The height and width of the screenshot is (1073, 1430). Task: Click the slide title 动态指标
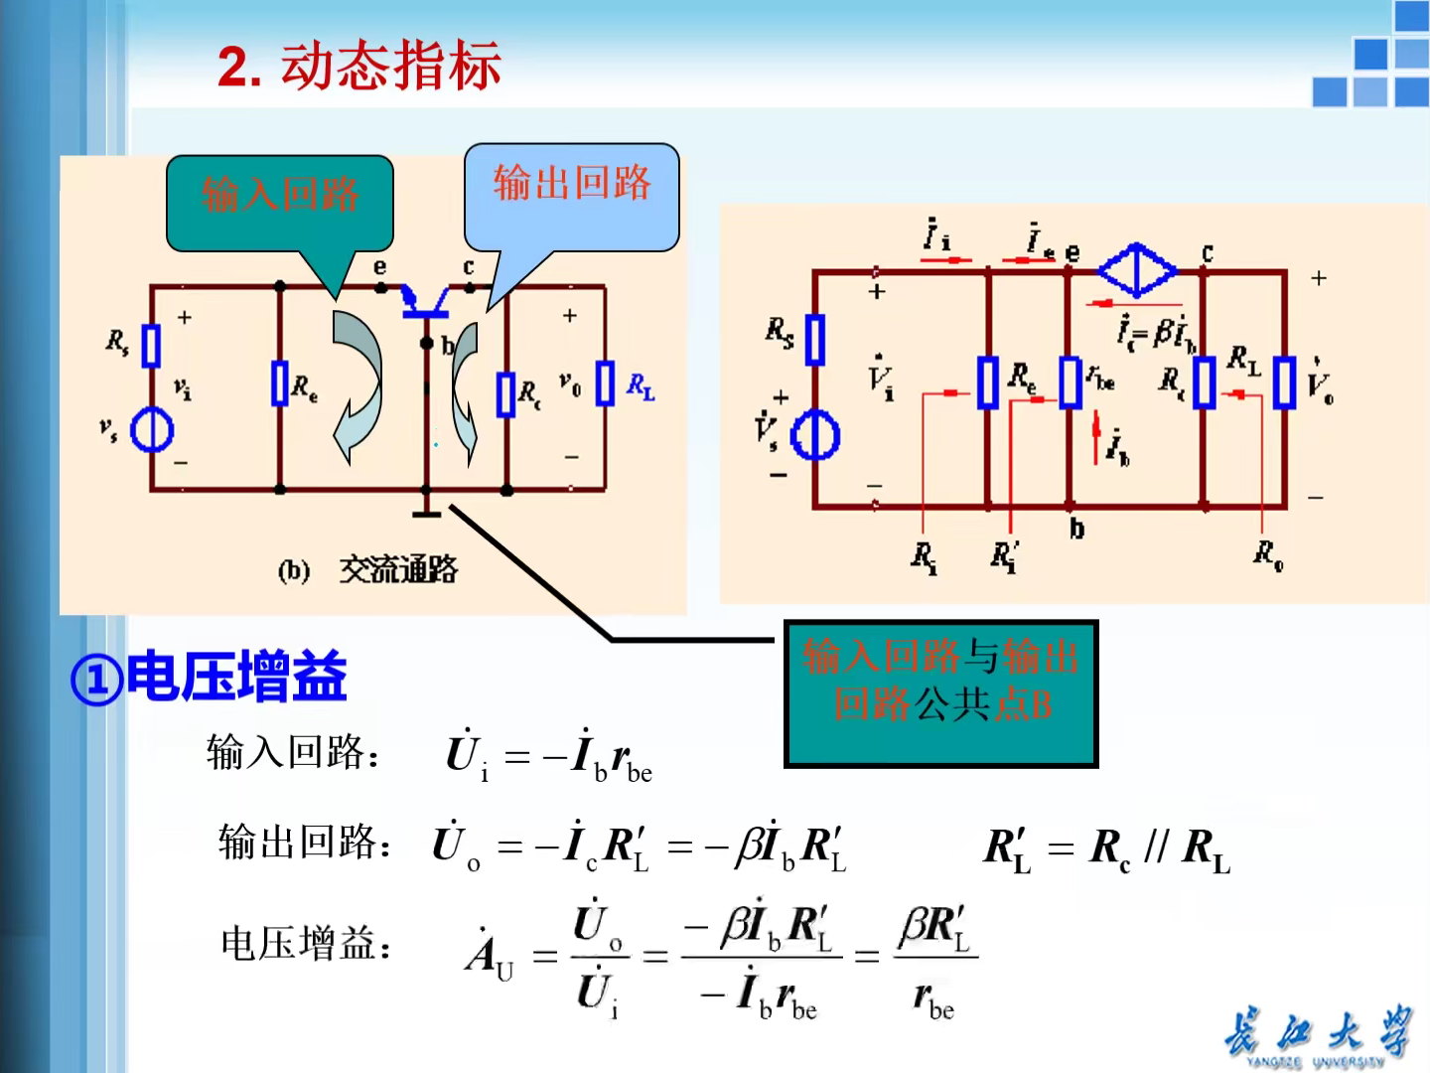click(x=390, y=67)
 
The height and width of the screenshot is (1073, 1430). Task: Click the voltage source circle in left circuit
click(x=152, y=431)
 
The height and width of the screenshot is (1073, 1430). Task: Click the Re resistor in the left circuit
click(x=280, y=384)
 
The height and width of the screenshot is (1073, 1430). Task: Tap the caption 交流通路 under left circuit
click(x=397, y=570)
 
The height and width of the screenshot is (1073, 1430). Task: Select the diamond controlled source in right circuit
click(x=1137, y=269)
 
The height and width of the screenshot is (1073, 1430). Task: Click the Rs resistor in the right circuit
click(x=815, y=340)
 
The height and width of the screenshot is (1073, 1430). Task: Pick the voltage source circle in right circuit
click(x=815, y=435)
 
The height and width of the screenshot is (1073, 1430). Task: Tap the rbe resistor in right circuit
click(x=1070, y=383)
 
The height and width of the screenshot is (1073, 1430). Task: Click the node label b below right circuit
click(x=1076, y=529)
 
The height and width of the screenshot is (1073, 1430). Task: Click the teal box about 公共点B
click(x=940, y=693)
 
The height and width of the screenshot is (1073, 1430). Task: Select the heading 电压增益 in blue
click(x=237, y=677)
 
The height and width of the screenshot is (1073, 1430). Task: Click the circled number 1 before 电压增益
click(x=96, y=681)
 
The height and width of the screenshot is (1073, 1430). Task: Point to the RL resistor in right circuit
click(x=1284, y=383)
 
